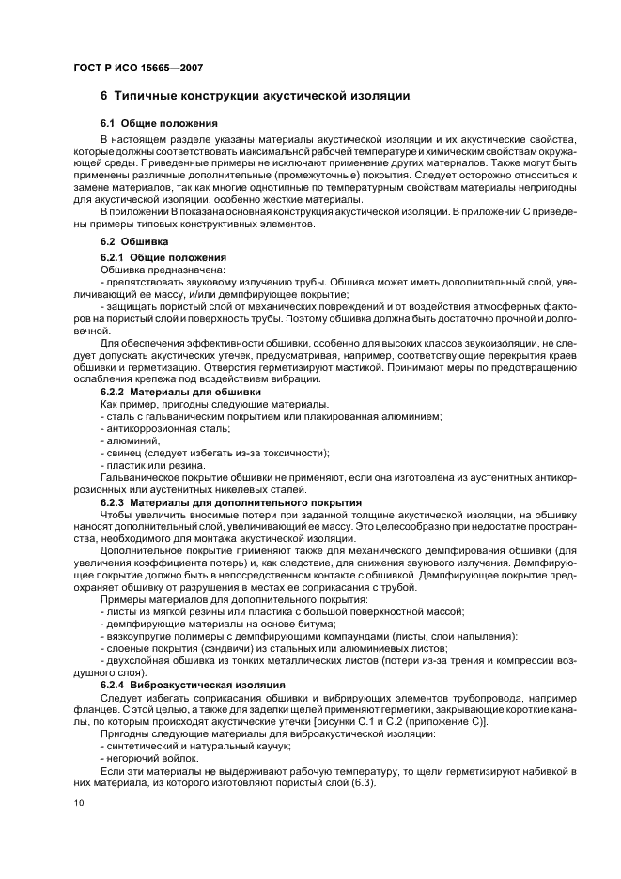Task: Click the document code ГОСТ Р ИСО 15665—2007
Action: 138,68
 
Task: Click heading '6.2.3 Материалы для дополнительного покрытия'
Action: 230,502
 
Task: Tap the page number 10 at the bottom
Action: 78,802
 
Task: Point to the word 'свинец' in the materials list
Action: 123,452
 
